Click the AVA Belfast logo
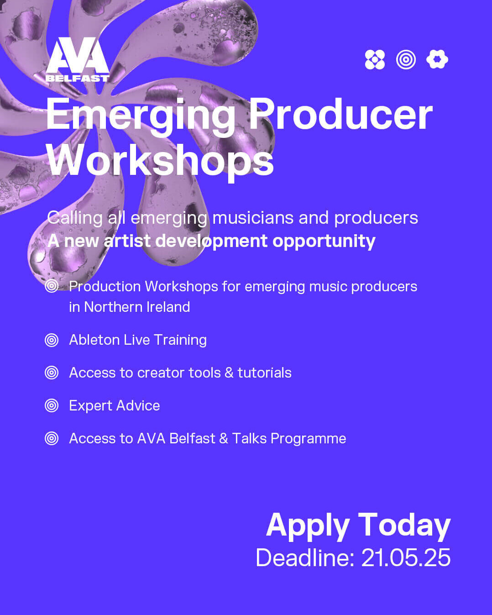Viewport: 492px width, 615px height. click(78, 59)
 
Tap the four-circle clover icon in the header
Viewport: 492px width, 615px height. click(375, 59)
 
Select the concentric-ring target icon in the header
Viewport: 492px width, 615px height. click(406, 59)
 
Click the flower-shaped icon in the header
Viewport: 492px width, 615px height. click(437, 59)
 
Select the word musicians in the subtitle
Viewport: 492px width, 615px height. click(253, 218)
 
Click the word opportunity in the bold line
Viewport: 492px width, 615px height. click(324, 242)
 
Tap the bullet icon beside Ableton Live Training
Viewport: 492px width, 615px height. click(52, 340)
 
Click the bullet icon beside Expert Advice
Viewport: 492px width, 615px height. click(52, 405)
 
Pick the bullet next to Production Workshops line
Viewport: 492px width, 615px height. click(52, 286)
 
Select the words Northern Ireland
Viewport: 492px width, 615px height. click(137, 307)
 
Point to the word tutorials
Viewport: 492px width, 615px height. click(265, 373)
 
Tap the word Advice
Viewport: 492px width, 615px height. click(138, 405)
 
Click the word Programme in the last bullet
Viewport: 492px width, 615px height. click(308, 439)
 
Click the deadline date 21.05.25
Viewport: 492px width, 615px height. click(406, 557)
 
